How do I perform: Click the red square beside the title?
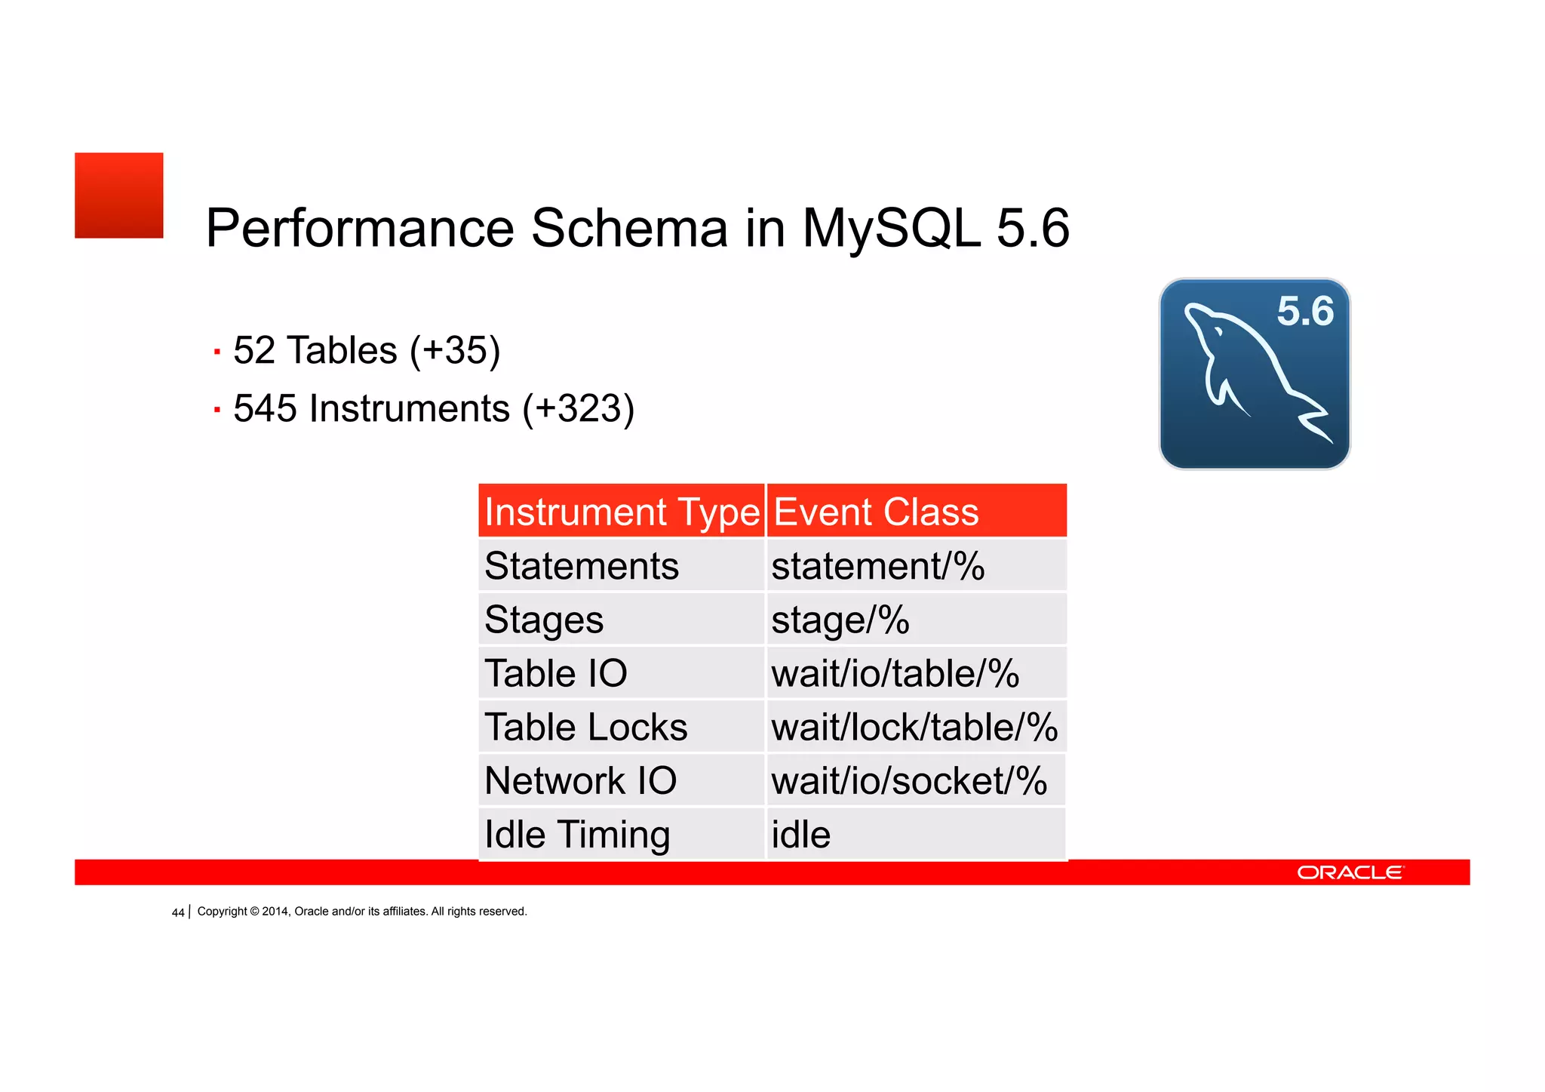coord(118,195)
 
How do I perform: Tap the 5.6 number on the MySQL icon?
coord(1304,311)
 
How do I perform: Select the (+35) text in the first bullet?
coord(455,350)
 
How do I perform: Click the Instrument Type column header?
coord(622,512)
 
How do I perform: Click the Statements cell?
coord(582,566)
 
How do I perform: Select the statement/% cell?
coord(877,566)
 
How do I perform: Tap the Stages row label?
coord(544,620)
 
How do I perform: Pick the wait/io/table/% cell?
coord(895,673)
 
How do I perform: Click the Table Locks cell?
coord(586,727)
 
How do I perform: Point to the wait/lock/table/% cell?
coord(914,727)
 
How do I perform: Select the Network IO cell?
coord(580,780)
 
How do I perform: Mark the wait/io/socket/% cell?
coord(909,780)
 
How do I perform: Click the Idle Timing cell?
coord(577,835)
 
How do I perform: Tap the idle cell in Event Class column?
coord(800,835)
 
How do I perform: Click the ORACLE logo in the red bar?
coord(1350,872)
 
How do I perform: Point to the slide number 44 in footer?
coord(178,912)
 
